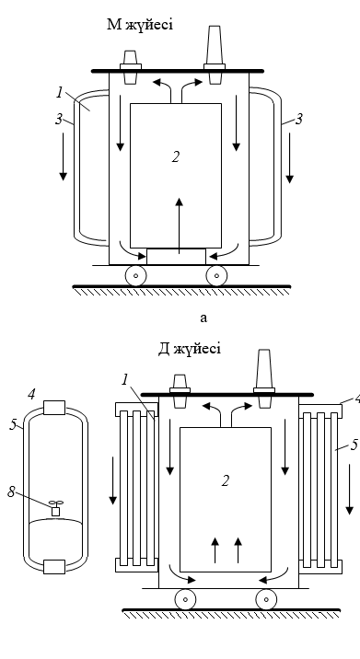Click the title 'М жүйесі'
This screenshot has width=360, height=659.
(140, 25)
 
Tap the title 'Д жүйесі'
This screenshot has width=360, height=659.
(190, 349)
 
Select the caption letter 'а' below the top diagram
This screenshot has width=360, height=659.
(203, 318)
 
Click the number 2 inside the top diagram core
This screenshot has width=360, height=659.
(176, 156)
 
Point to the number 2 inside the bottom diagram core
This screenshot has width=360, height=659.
(226, 480)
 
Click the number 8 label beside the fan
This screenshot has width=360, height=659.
(11, 491)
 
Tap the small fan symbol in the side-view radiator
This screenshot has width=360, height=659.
(55, 508)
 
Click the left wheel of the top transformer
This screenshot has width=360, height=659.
(136, 276)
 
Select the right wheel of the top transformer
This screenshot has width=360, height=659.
(216, 276)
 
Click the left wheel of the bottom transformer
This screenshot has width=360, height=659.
(185, 599)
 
